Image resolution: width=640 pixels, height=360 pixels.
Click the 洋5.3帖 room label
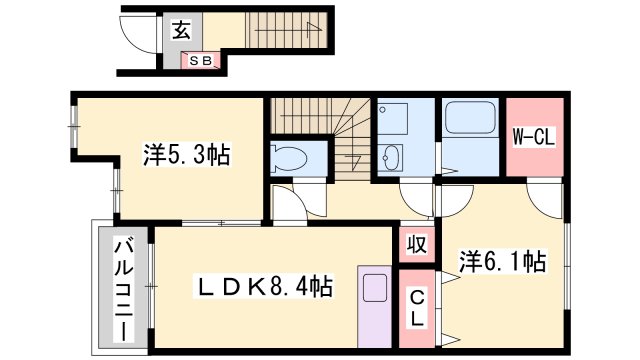click(x=187, y=155)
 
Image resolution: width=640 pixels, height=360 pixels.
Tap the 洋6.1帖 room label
click(x=502, y=262)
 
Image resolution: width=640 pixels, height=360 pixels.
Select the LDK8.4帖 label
click(x=263, y=287)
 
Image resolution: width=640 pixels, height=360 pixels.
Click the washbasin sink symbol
click(x=391, y=158)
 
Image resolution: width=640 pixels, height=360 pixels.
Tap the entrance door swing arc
click(x=136, y=40)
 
